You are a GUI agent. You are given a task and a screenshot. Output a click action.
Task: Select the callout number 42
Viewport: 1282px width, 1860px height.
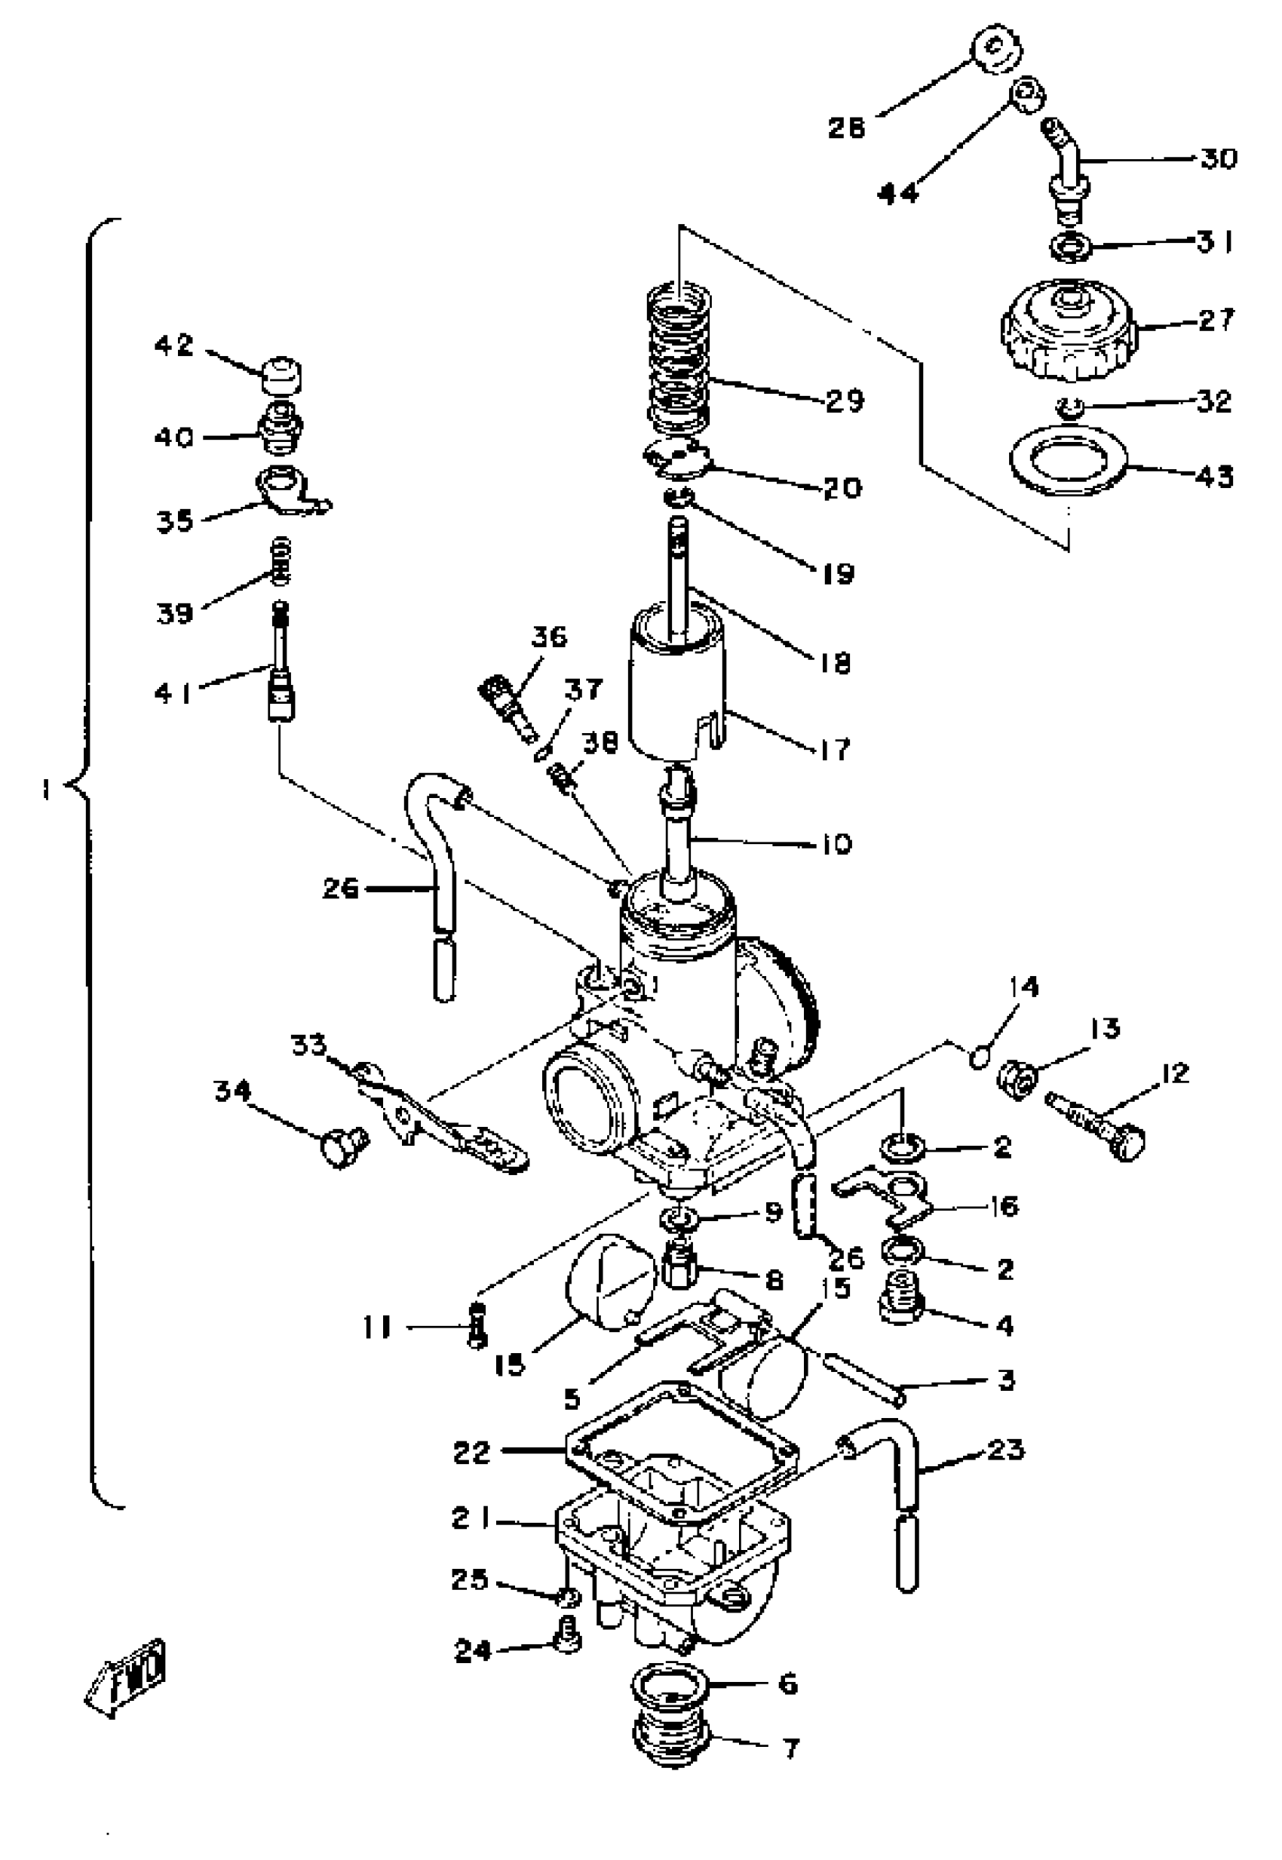coord(174,346)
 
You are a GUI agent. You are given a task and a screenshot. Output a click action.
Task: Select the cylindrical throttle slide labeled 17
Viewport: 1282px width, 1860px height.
coord(676,691)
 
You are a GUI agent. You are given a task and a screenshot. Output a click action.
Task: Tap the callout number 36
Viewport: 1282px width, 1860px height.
coord(550,637)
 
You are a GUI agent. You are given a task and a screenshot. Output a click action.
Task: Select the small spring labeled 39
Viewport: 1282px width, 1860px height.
coord(282,562)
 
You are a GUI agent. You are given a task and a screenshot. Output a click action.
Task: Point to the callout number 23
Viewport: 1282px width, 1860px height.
coord(1005,1450)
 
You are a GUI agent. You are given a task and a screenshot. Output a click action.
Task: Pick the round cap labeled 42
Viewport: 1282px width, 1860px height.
coord(281,374)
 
